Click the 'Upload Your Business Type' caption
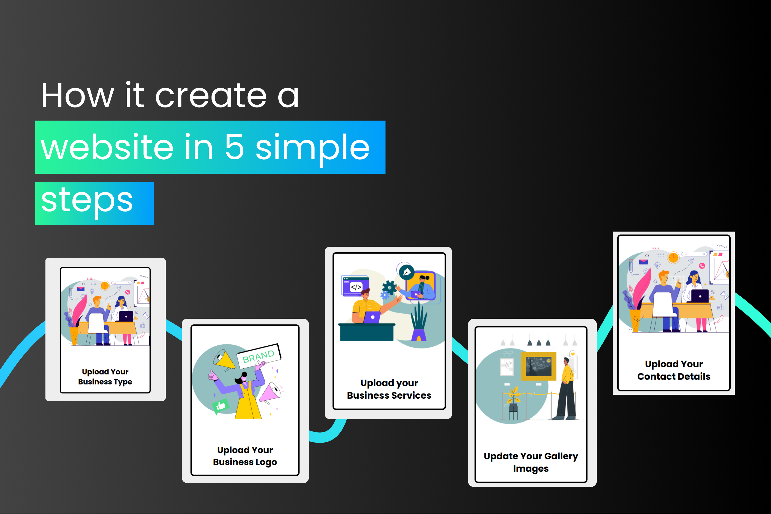click(105, 377)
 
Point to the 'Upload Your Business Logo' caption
click(245, 456)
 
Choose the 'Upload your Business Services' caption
click(389, 389)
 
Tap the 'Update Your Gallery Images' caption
click(531, 462)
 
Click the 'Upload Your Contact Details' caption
click(674, 370)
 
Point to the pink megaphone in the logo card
click(271, 392)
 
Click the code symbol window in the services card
click(355, 286)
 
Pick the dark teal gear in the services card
click(389, 288)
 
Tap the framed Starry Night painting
click(539, 366)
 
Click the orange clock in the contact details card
click(673, 257)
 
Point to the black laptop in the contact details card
click(700, 296)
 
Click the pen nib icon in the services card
click(407, 272)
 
